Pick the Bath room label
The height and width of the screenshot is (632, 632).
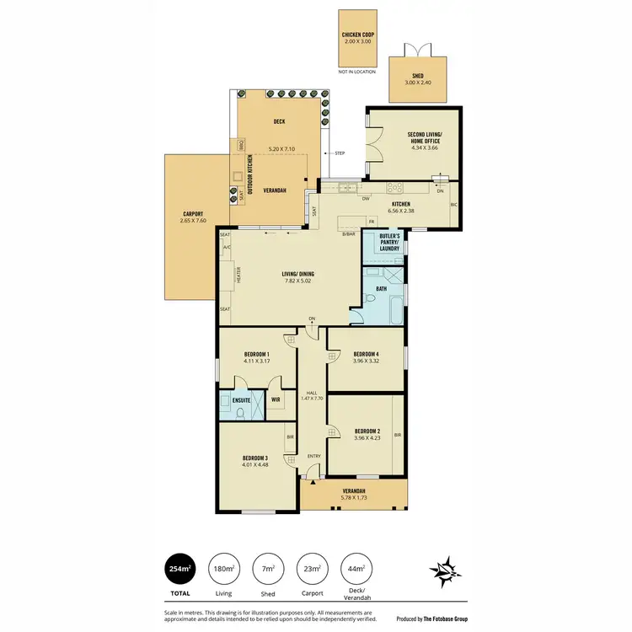(381, 289)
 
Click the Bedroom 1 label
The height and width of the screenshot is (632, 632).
(256, 354)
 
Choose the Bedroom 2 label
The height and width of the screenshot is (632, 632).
(366, 431)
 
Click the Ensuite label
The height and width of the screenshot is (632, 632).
(230, 400)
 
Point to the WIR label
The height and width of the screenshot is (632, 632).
(276, 400)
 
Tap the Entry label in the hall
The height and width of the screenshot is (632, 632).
(313, 457)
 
